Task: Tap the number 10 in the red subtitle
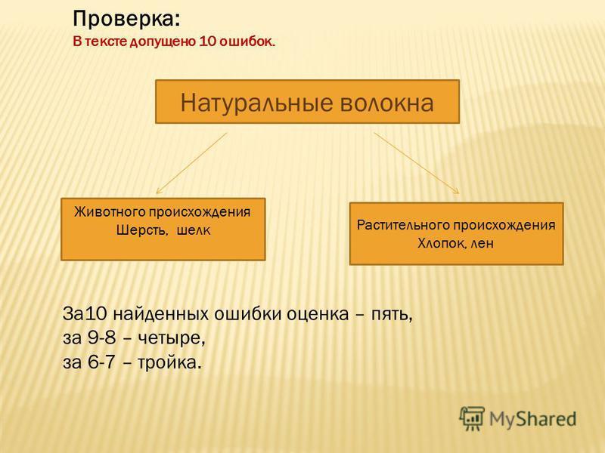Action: tap(207, 42)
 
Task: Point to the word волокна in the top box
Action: tap(387, 103)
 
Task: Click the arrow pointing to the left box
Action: tap(191, 163)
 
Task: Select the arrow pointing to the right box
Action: tap(417, 163)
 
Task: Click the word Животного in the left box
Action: tap(109, 212)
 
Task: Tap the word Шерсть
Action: tap(142, 230)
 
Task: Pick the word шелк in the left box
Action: tap(194, 230)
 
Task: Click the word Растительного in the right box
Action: tap(403, 224)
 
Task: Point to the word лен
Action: tap(482, 243)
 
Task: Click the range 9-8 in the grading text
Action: tap(101, 337)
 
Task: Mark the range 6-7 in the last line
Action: tap(101, 362)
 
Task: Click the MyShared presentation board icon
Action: tap(471, 418)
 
